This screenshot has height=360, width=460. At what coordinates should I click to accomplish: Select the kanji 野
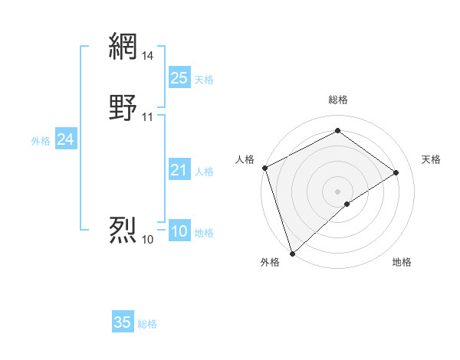(124, 107)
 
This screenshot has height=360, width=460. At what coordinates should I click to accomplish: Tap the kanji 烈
(124, 231)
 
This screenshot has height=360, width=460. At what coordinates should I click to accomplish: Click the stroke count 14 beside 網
(148, 56)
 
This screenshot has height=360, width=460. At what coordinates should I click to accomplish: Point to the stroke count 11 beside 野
(148, 117)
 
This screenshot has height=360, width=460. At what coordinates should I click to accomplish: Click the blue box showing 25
(179, 77)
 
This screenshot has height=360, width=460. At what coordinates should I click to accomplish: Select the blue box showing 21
(179, 170)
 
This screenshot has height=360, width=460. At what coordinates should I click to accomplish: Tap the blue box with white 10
(179, 232)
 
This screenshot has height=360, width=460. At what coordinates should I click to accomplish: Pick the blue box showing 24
(66, 139)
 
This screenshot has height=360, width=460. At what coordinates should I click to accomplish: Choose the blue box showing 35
(123, 322)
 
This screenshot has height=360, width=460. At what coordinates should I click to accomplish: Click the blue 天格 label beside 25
(204, 79)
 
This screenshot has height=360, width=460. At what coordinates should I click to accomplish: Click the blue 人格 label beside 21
(204, 172)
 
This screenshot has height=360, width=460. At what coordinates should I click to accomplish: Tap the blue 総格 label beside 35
(147, 324)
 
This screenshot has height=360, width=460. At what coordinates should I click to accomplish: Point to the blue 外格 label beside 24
(41, 141)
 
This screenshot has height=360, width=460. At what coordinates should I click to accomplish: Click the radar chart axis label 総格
(338, 100)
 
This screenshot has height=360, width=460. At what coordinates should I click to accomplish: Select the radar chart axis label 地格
(402, 263)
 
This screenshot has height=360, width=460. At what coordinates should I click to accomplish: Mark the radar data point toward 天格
(396, 172)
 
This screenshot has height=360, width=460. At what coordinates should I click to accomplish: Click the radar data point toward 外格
(292, 253)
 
